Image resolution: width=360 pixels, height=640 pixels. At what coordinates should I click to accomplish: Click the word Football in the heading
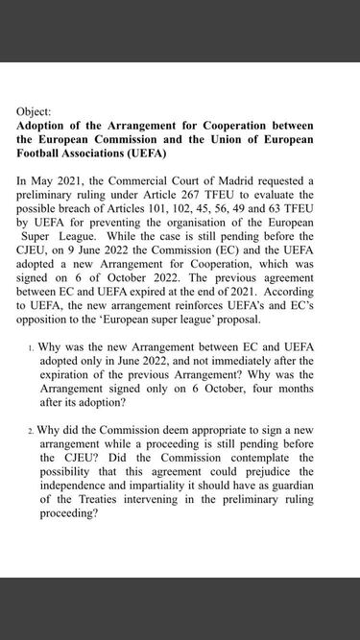pyautogui.click(x=44, y=153)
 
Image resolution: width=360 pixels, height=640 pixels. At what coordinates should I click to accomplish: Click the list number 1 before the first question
pyautogui.click(x=31, y=347)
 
